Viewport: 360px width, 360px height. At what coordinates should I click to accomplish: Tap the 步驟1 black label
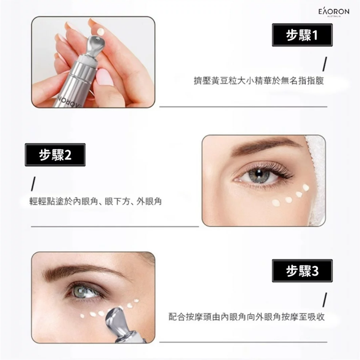point(302,35)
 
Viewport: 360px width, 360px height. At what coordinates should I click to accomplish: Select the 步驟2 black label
point(55,155)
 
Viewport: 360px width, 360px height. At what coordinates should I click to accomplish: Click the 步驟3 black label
point(302,271)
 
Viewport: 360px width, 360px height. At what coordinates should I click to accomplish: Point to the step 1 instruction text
point(258,81)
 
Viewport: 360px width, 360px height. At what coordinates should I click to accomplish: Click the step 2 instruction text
point(95,202)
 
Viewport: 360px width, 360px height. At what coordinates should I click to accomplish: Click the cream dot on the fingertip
point(101,32)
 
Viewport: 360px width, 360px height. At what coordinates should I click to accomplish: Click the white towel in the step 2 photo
point(316,180)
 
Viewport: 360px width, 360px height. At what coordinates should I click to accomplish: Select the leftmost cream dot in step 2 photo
point(276,203)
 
